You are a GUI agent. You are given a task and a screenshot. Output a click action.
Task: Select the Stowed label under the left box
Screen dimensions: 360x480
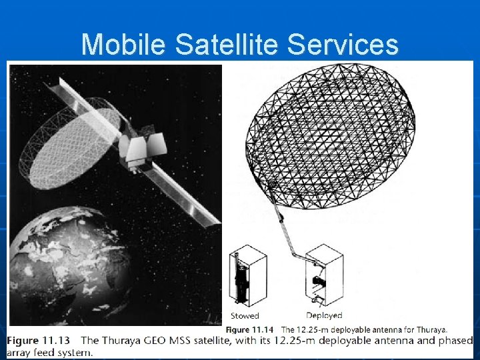coord(245,315)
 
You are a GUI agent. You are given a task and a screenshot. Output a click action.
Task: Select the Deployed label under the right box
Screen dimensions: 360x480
coord(324,315)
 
